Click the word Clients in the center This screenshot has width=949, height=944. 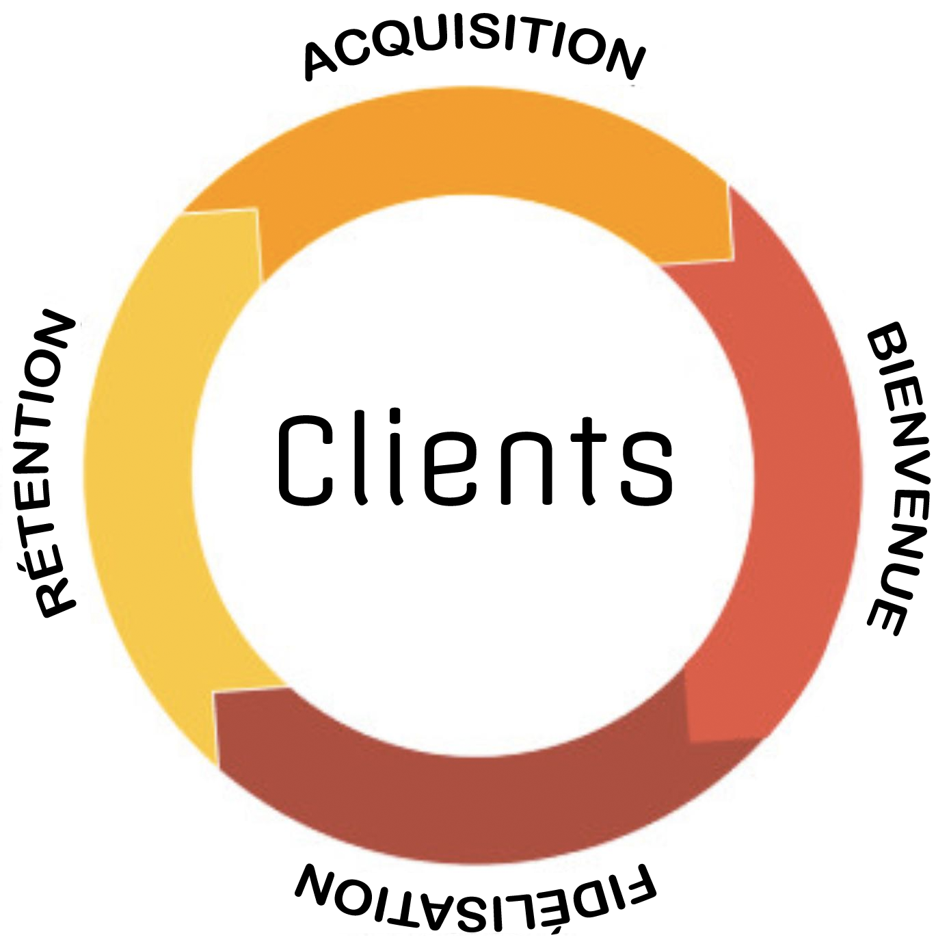point(474,459)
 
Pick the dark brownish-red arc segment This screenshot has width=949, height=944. point(472,807)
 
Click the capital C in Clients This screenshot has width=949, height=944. point(305,460)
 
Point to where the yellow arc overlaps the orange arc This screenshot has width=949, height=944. point(226,239)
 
